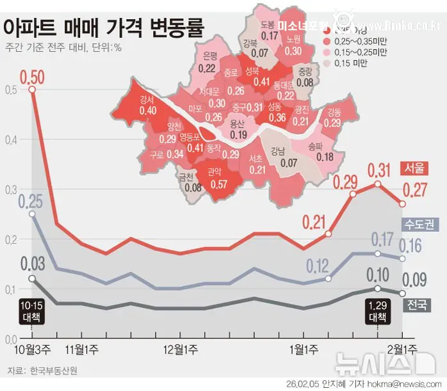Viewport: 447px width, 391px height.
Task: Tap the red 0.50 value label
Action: [32, 77]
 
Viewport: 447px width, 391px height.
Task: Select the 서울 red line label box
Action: [413, 168]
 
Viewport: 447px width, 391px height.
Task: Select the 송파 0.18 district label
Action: [325, 152]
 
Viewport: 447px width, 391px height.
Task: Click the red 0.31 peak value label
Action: [378, 171]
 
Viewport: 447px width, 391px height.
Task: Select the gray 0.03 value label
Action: [32, 264]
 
